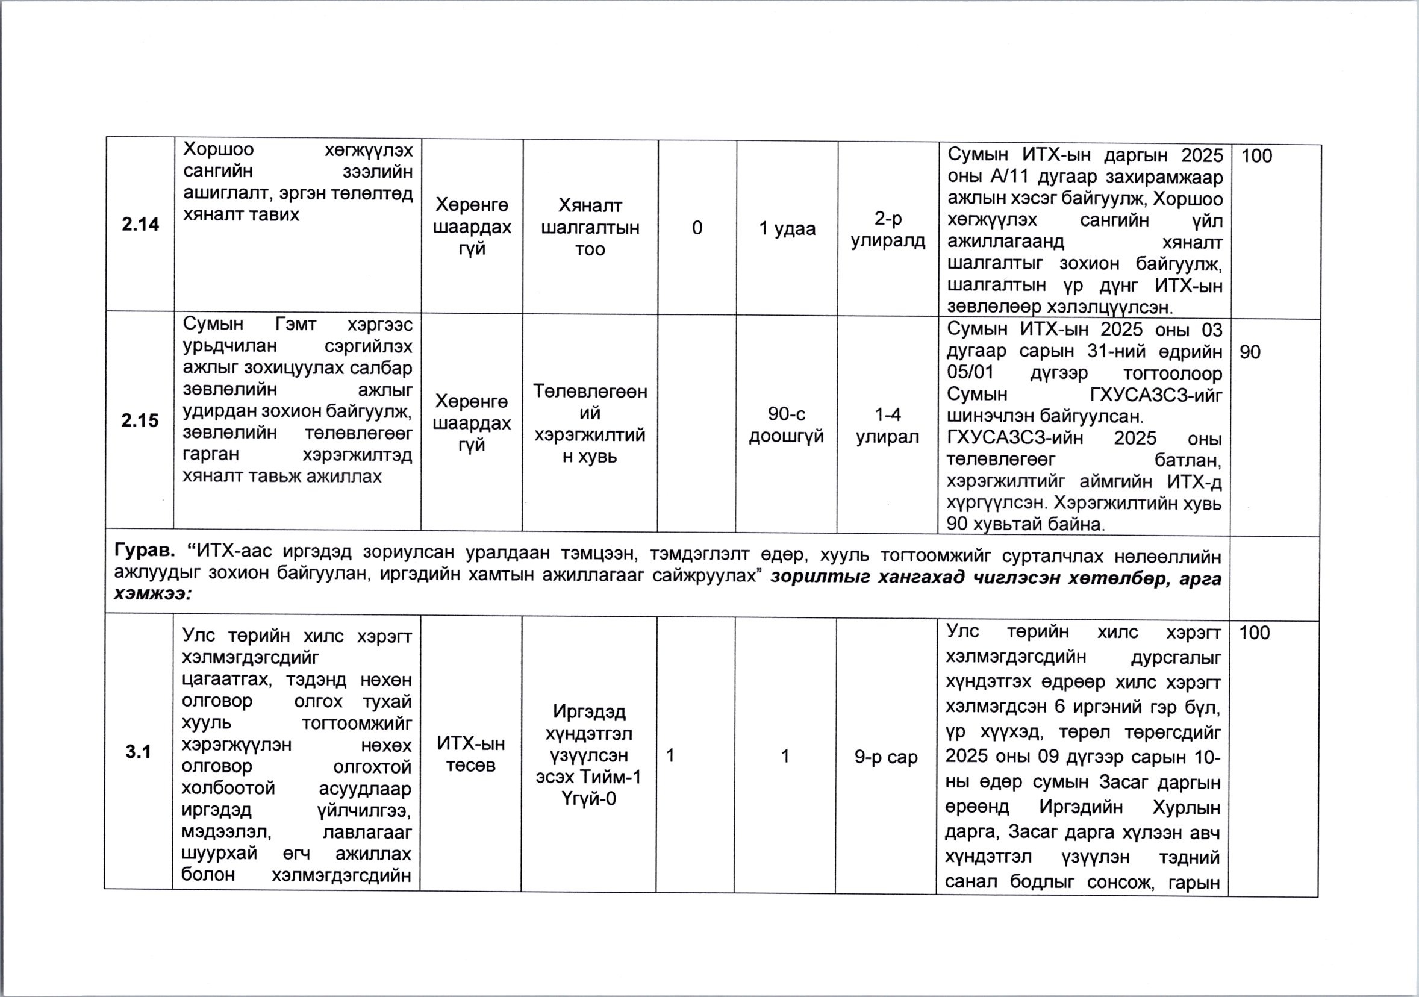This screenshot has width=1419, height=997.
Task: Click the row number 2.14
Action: [x=140, y=224]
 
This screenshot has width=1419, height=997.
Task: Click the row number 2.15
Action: [x=140, y=421]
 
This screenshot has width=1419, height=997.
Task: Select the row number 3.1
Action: [x=139, y=752]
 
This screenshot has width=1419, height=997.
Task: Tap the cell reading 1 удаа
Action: [x=787, y=230]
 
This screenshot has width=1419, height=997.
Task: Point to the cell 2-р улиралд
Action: [x=888, y=230]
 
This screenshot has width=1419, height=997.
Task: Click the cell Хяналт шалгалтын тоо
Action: [x=590, y=228]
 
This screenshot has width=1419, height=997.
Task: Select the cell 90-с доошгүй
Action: [x=786, y=425]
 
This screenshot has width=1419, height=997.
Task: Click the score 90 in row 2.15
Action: [x=1250, y=352]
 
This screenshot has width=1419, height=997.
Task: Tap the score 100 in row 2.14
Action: [x=1256, y=156]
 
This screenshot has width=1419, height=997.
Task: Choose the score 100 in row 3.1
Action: [x=1254, y=633]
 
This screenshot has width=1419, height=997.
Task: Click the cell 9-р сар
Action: [x=885, y=757]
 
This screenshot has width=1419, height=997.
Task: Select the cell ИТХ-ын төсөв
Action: [x=471, y=754]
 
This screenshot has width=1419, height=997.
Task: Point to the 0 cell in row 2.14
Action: [x=697, y=229]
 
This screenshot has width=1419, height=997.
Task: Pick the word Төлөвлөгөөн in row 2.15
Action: [x=590, y=392]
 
